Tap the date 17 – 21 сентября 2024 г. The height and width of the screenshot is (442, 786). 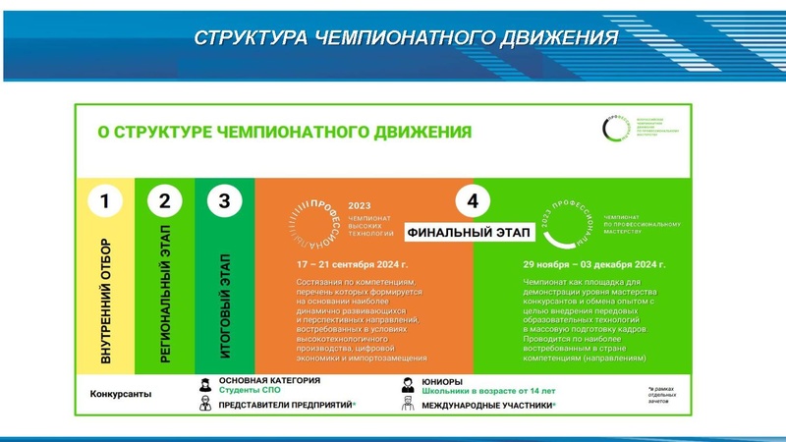(x=351, y=265)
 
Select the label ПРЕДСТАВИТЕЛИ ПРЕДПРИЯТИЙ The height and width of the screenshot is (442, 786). (x=286, y=405)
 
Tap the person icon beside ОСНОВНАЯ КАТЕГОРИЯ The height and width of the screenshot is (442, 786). (x=204, y=384)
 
